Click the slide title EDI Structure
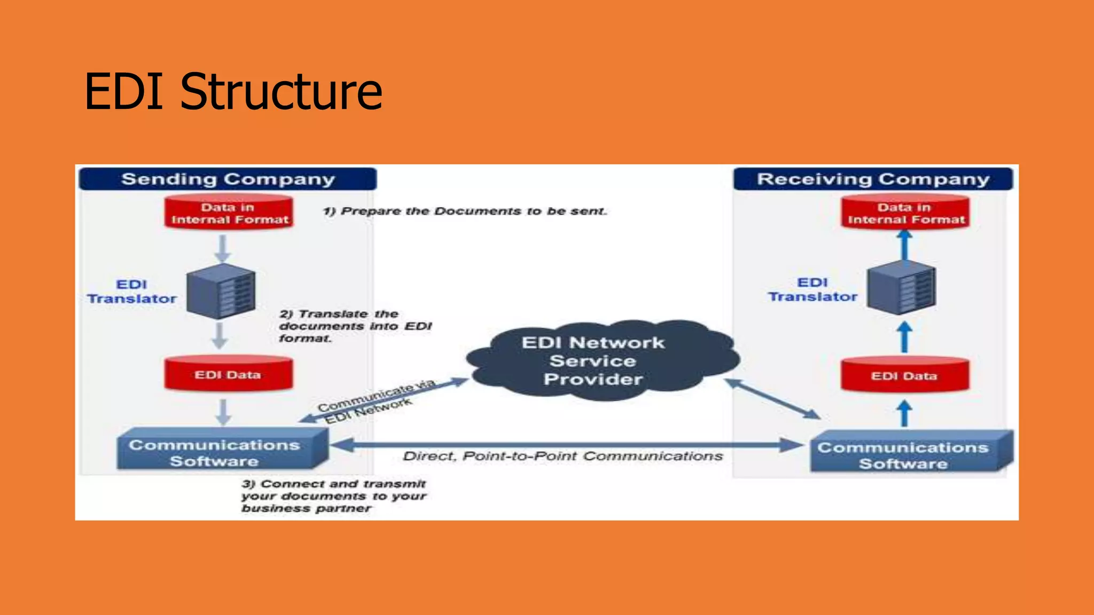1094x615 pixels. (x=233, y=92)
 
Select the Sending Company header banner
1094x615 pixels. (x=228, y=179)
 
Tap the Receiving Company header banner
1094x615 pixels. (x=873, y=179)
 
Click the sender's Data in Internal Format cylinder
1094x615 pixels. (x=229, y=213)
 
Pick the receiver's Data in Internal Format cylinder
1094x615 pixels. (x=905, y=213)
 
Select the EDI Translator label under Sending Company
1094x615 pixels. (x=131, y=291)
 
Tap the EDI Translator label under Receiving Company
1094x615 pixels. (x=812, y=289)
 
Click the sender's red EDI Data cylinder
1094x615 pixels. (x=228, y=374)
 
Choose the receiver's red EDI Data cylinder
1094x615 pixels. (x=904, y=376)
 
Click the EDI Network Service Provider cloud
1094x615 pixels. (x=593, y=361)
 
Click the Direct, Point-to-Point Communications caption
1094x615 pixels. (x=562, y=456)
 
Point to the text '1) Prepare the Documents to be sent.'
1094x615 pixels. (x=465, y=211)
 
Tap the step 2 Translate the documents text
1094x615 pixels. (x=355, y=326)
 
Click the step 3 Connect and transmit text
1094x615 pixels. (x=333, y=496)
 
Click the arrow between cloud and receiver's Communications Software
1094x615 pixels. (x=772, y=399)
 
